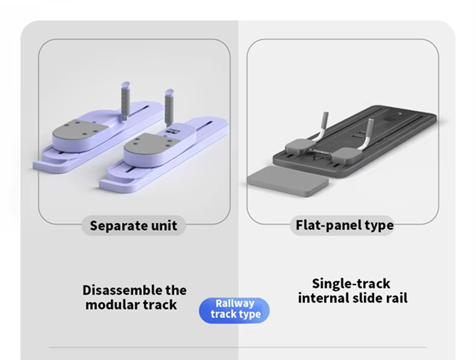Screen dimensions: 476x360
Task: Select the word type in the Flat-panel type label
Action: click(x=379, y=226)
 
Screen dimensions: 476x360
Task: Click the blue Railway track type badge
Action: click(x=234, y=310)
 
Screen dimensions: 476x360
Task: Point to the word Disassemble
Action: click(x=122, y=290)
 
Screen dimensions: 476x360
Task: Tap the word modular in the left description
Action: click(x=111, y=305)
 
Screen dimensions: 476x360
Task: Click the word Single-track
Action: click(x=351, y=284)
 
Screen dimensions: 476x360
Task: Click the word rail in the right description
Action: click(x=397, y=298)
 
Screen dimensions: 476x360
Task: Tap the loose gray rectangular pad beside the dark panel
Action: click(x=287, y=181)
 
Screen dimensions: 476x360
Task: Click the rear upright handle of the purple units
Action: click(x=125, y=100)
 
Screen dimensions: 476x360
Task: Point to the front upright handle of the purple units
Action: click(x=169, y=107)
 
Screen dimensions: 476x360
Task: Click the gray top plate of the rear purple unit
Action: click(x=80, y=131)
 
